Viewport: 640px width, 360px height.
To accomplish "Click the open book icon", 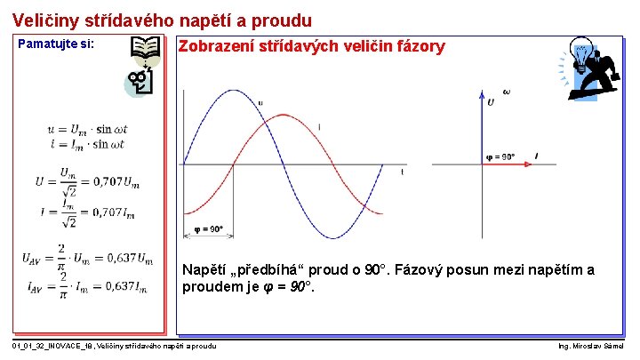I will coord(146,52).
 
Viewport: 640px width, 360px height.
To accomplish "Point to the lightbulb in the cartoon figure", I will coord(581,55).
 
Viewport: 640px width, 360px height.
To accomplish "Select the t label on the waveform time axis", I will coord(402,172).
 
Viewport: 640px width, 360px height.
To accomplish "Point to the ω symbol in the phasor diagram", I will coord(506,92).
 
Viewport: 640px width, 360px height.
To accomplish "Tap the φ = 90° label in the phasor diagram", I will coord(501,157).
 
